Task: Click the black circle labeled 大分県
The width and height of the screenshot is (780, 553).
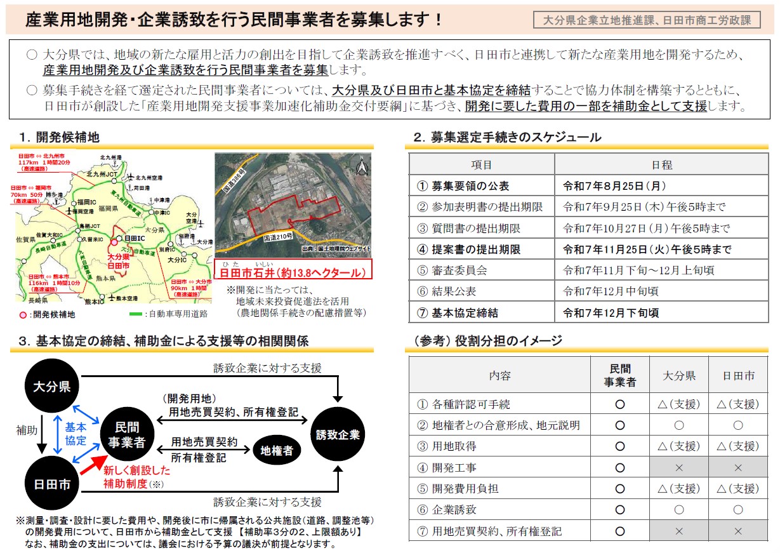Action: point(52,387)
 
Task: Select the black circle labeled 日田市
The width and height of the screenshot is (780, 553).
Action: point(52,485)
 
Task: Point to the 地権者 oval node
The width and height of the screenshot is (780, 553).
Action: point(277,450)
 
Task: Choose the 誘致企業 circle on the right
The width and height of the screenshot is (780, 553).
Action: point(338,435)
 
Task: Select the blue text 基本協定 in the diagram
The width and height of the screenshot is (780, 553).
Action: point(76,435)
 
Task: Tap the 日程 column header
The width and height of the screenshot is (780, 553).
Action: point(662,165)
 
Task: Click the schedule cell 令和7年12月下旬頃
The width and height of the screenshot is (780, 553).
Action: point(611,312)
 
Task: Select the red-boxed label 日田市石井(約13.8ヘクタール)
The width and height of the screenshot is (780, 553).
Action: point(293,273)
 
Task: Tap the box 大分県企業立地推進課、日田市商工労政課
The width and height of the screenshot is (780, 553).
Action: point(647,20)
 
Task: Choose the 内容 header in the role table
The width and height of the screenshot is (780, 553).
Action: point(499,375)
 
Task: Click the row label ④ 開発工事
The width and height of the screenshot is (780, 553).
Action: point(447,468)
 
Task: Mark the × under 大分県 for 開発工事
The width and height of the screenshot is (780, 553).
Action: point(678,468)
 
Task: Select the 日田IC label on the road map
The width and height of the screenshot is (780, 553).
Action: point(135,237)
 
